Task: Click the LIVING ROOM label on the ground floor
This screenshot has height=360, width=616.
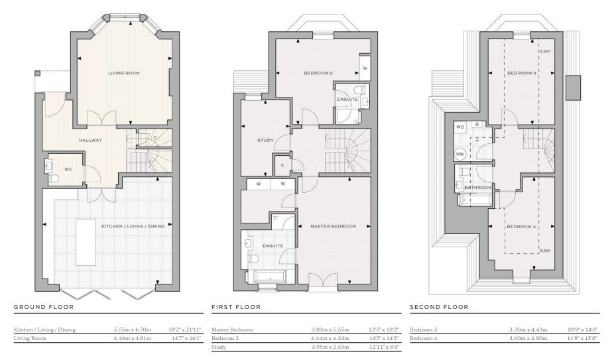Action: click(124, 73)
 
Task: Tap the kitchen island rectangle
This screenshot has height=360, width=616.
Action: click(86, 243)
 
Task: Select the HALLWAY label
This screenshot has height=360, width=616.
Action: click(90, 141)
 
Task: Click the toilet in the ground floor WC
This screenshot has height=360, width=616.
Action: click(54, 179)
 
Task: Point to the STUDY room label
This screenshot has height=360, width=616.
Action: click(265, 141)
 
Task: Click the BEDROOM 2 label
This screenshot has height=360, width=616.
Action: click(318, 73)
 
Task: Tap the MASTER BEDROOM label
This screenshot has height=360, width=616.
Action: click(333, 226)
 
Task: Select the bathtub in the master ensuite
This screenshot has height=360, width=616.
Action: click(271, 277)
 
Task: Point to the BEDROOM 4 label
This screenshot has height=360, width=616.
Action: click(521, 226)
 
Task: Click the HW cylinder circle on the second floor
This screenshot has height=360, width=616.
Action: click(460, 154)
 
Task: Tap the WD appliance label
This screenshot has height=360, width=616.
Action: click(460, 127)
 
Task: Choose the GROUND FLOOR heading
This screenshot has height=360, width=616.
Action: click(44, 307)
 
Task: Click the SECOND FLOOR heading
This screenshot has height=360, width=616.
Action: click(439, 307)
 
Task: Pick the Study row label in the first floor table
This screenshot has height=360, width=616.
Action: click(219, 347)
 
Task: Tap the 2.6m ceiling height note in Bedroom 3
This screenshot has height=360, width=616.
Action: click(545, 52)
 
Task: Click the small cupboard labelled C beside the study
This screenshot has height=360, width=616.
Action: click(282, 166)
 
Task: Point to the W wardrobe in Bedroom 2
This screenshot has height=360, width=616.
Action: click(365, 68)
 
